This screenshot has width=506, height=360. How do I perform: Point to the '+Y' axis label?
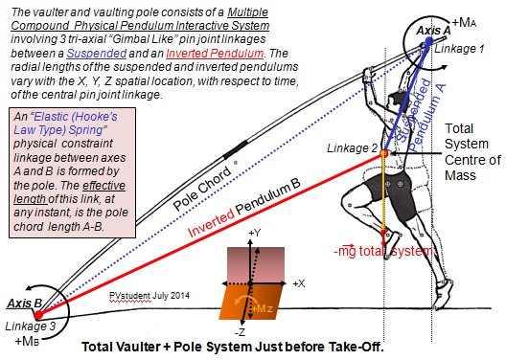click(251, 232)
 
